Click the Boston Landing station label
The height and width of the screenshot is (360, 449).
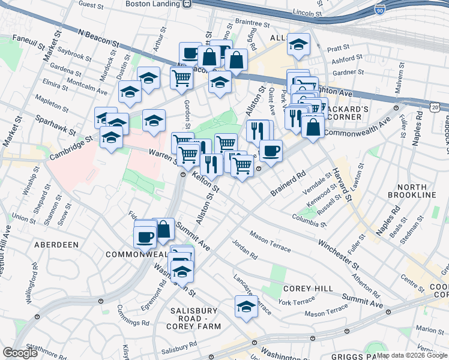(x=152, y=4)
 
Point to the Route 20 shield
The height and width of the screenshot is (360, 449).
(x=435, y=106)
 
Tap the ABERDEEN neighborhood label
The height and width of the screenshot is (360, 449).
(x=56, y=245)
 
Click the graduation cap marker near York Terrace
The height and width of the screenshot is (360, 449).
(x=246, y=307)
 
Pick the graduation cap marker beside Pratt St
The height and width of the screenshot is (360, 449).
(x=298, y=44)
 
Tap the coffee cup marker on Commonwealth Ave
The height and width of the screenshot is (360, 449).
(x=271, y=151)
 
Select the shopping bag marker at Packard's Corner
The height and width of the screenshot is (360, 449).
(x=313, y=127)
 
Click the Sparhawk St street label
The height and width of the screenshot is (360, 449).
(x=55, y=125)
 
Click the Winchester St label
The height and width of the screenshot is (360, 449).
(x=339, y=254)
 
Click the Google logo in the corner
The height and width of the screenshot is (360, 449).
(x=20, y=353)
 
